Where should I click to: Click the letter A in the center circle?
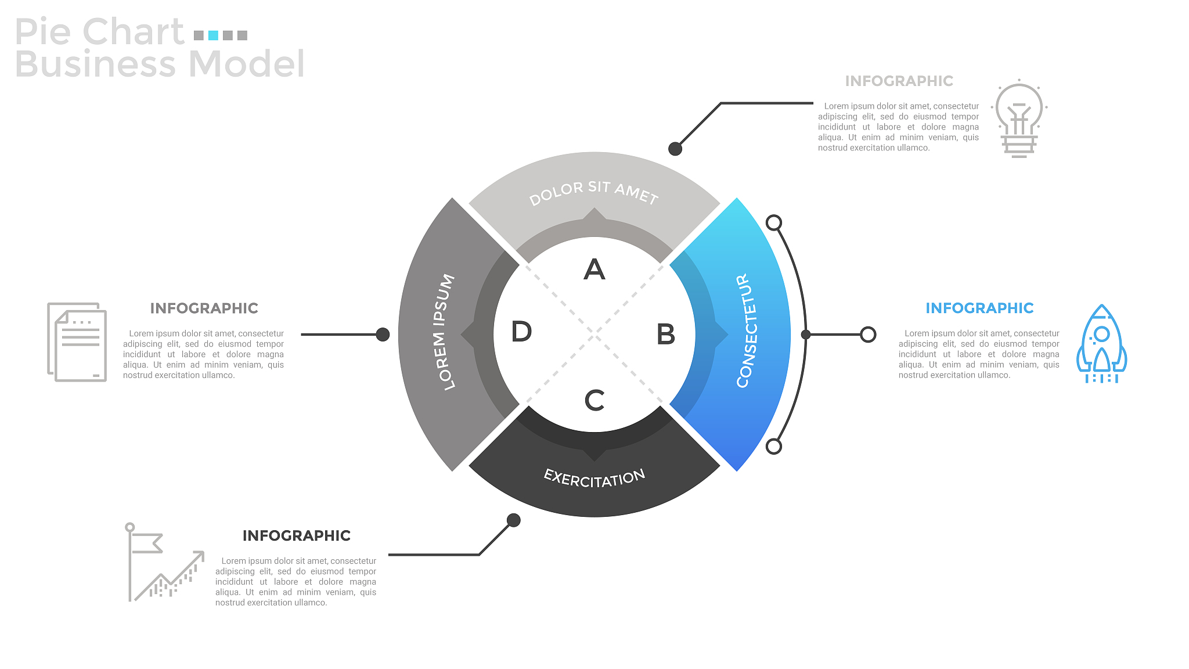click(x=594, y=269)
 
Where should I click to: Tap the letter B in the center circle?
click(x=666, y=334)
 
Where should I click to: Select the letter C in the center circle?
click(x=594, y=400)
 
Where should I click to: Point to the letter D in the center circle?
click(x=521, y=332)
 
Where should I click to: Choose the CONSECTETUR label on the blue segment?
click(x=747, y=331)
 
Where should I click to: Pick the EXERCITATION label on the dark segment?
click(x=594, y=478)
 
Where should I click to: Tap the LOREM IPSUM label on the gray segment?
click(x=445, y=332)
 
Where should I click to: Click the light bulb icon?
click(x=1019, y=119)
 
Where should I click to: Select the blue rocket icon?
click(x=1101, y=343)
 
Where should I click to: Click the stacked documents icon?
click(x=77, y=342)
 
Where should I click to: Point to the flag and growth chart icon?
click(x=165, y=563)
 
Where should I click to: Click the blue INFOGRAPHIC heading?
click(x=979, y=308)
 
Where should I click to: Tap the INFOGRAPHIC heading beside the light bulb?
click(x=899, y=81)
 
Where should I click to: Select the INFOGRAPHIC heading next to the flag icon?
click(x=296, y=536)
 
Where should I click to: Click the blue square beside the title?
click(x=213, y=35)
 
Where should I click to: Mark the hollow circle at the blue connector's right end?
click(x=868, y=334)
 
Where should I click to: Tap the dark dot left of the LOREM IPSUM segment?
click(x=383, y=334)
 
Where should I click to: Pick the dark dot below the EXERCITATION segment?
click(x=513, y=520)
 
